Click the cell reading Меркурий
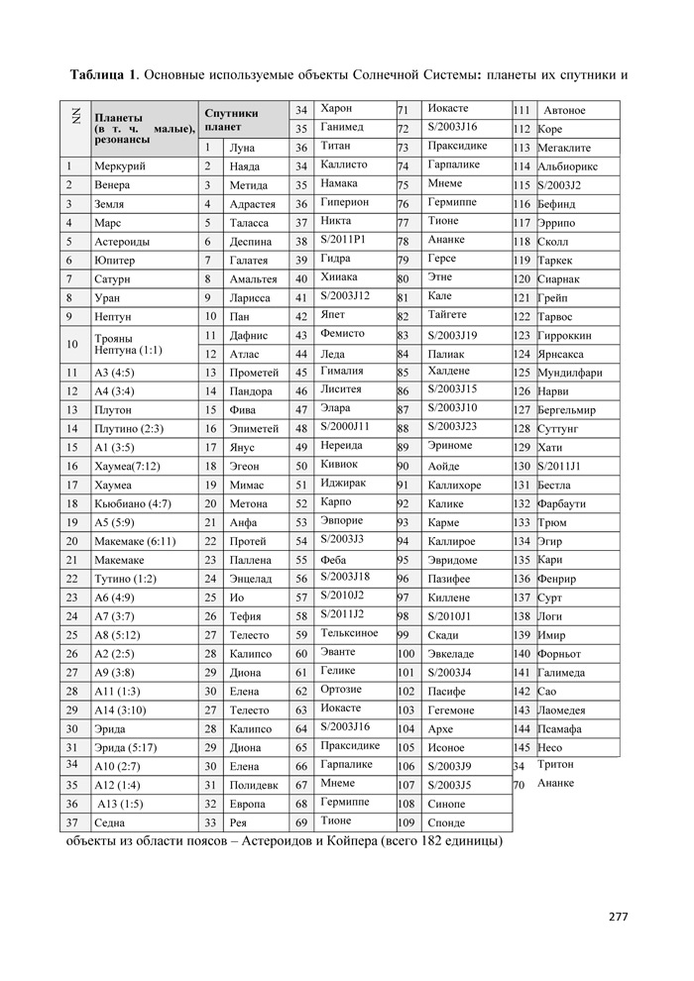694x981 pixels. [x=119, y=166]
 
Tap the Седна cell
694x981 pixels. [x=109, y=822]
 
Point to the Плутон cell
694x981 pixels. [x=112, y=409]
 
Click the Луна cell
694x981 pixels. [x=242, y=148]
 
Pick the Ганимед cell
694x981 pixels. [x=342, y=128]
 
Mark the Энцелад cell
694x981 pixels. [x=249, y=578]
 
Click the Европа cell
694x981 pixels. [x=247, y=804]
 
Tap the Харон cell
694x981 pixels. [x=337, y=108]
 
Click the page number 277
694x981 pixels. [x=619, y=915]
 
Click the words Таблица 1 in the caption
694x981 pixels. [x=103, y=75]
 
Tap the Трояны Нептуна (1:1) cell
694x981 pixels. [x=128, y=344]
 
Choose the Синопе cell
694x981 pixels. [x=446, y=804]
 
